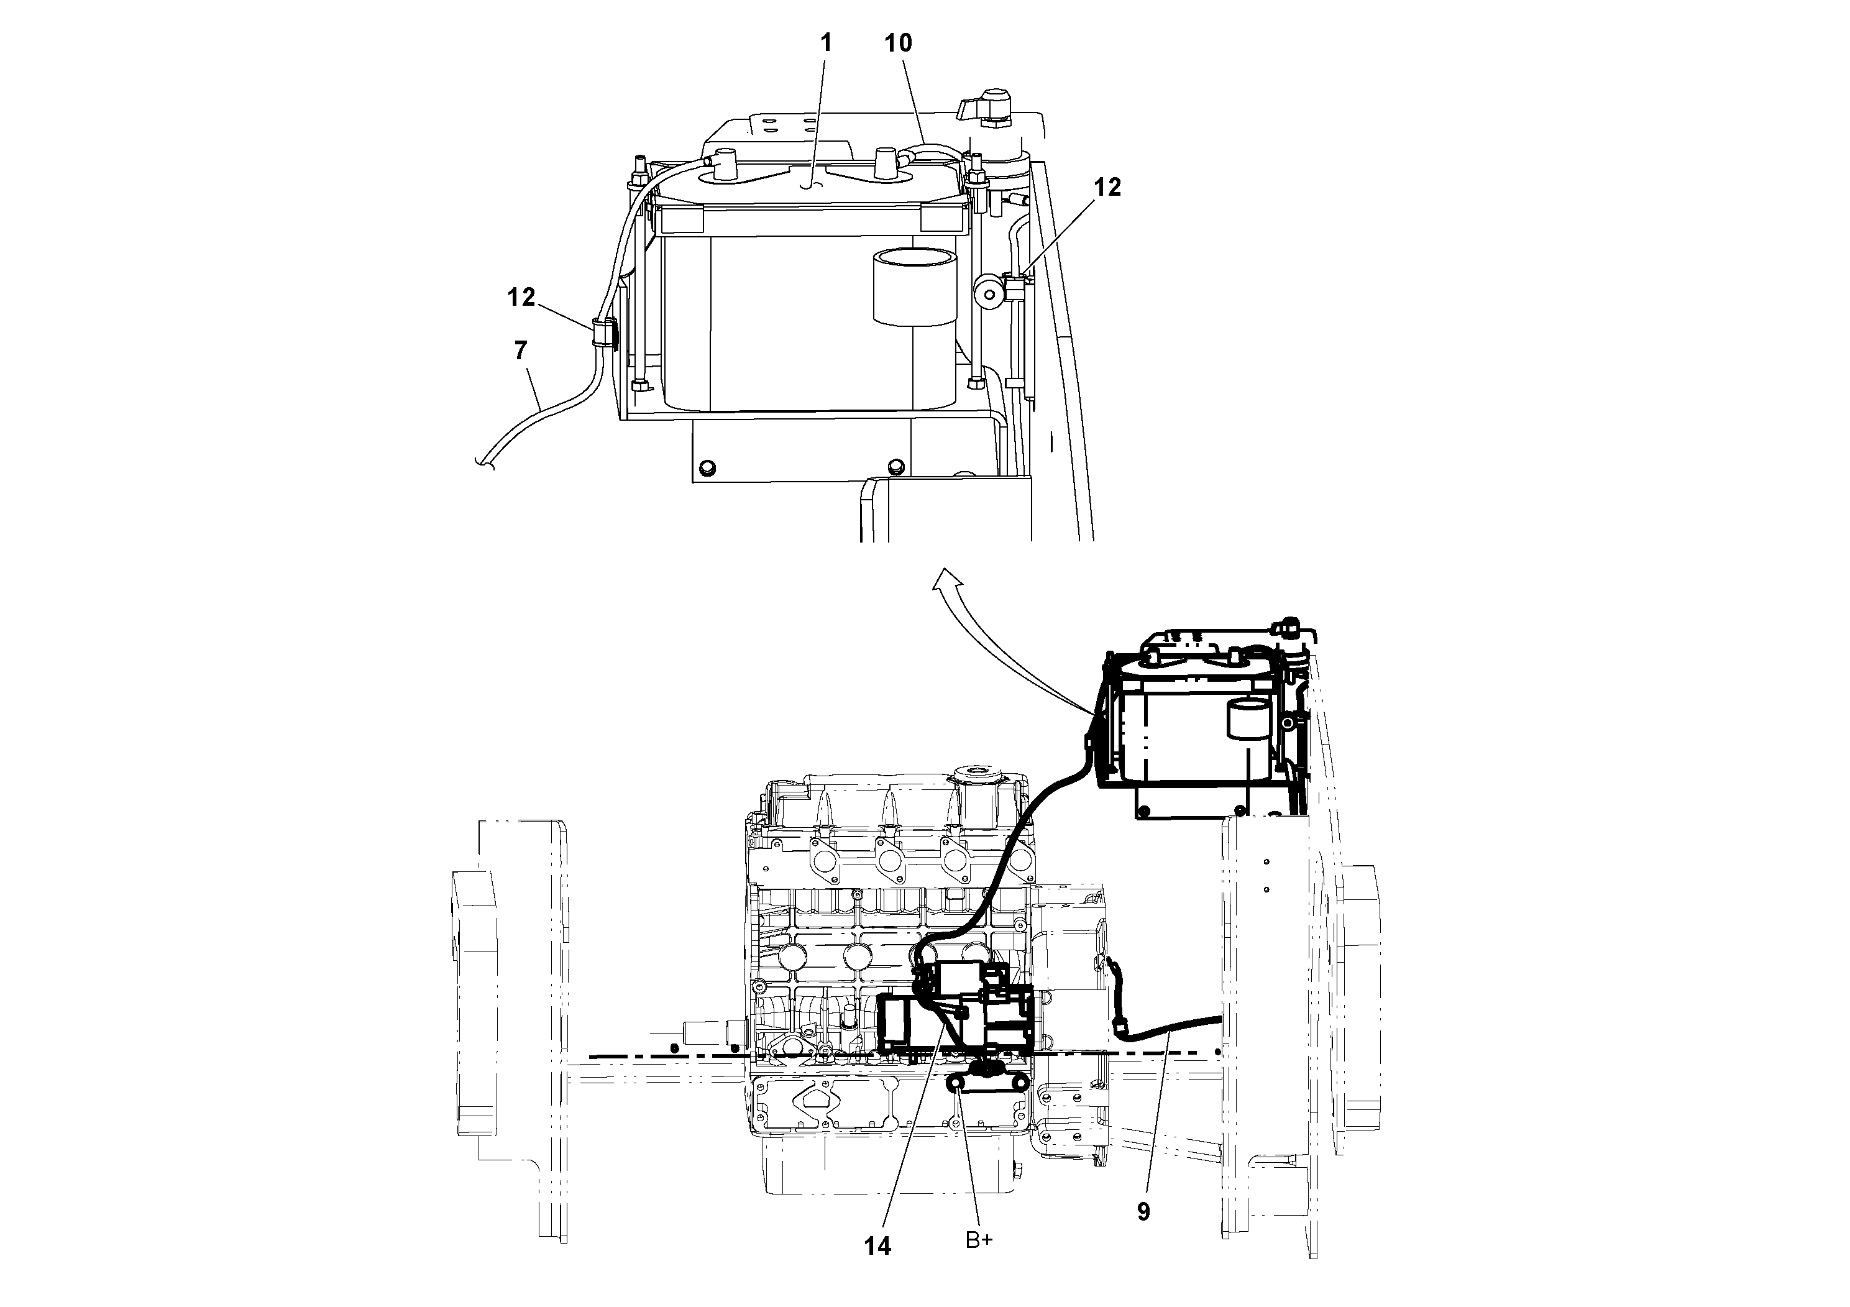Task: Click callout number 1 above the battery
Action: tap(825, 43)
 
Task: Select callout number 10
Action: tap(899, 43)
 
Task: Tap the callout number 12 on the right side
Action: tap(1107, 187)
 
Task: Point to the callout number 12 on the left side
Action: tap(521, 297)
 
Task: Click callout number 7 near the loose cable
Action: tap(521, 351)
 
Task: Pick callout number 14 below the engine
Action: tap(877, 1247)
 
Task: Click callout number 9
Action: tap(1143, 1211)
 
